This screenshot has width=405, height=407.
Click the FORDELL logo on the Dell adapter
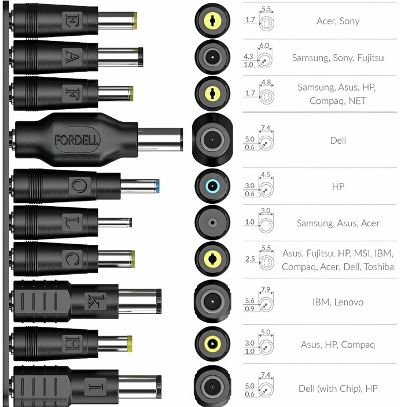click(77, 139)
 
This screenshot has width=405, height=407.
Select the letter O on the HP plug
click(78, 186)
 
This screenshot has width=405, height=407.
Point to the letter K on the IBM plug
click(93, 301)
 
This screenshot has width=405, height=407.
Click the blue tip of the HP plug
click(157, 186)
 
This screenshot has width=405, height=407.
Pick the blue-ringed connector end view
click(212, 186)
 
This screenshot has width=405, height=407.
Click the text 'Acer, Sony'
click(338, 21)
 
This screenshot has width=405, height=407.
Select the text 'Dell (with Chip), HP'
click(338, 389)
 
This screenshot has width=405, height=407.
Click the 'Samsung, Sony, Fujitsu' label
click(337, 58)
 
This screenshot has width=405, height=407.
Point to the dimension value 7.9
click(266, 290)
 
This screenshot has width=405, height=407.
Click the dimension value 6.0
click(266, 45)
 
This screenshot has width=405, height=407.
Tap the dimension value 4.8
click(266, 82)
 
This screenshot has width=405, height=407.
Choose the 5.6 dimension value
click(249, 300)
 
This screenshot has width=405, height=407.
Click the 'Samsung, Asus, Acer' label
click(338, 223)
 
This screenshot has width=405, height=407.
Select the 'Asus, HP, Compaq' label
click(338, 345)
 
